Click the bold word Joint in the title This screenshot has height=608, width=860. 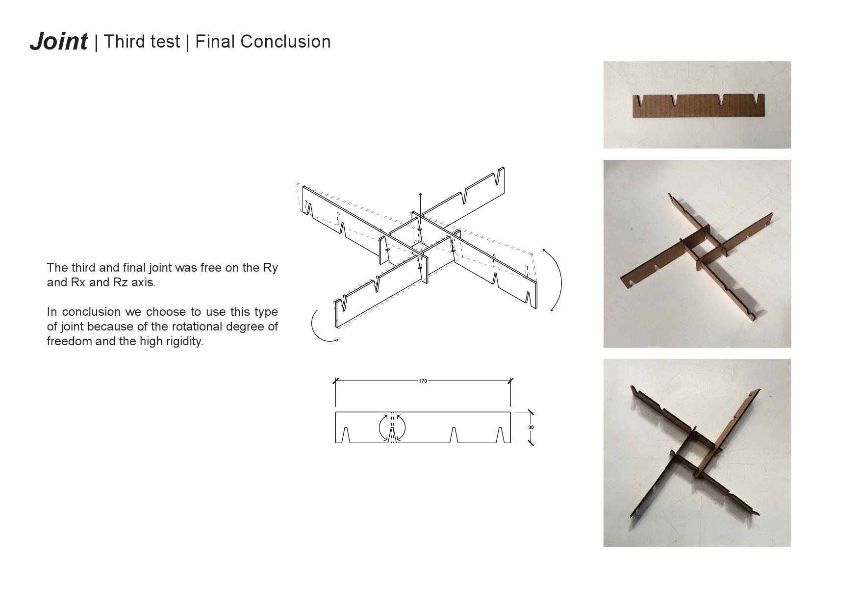(x=59, y=41)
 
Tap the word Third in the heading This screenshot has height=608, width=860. (x=122, y=42)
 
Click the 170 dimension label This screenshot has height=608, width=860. (x=423, y=380)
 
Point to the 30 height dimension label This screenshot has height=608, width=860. (x=531, y=428)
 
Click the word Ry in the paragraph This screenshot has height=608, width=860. (x=271, y=268)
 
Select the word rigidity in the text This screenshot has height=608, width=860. (x=185, y=341)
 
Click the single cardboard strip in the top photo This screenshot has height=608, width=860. (x=699, y=105)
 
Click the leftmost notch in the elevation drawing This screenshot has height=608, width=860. (x=346, y=435)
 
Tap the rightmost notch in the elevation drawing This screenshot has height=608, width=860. (x=500, y=435)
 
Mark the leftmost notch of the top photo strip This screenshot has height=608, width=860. (x=638, y=101)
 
